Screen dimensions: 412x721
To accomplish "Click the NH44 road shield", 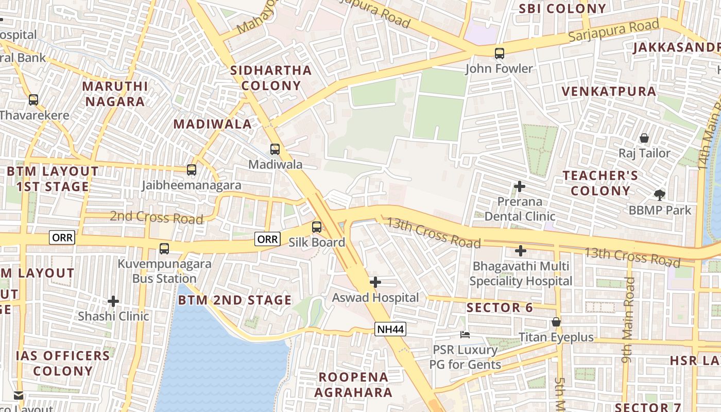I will pyautogui.click(x=390, y=329).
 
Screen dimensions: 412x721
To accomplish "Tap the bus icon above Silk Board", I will pyautogui.click(x=317, y=227).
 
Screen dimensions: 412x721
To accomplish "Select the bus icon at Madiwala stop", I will pyautogui.click(x=275, y=149).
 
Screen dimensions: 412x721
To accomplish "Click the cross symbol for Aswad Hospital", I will pyautogui.click(x=375, y=282).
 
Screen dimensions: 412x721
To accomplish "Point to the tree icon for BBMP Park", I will pyautogui.click(x=659, y=195).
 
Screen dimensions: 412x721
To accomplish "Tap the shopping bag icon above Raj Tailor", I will pyautogui.click(x=644, y=138).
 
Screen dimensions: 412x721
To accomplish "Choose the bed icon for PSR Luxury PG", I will pyautogui.click(x=465, y=335).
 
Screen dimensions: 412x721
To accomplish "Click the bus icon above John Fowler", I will pyautogui.click(x=499, y=53).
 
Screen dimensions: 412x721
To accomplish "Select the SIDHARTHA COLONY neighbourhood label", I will pyautogui.click(x=271, y=78).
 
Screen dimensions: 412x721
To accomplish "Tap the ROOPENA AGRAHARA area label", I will pyautogui.click(x=353, y=385).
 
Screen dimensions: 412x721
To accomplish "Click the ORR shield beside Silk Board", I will pyautogui.click(x=268, y=239).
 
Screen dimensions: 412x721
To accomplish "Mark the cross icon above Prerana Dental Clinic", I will pyautogui.click(x=520, y=186).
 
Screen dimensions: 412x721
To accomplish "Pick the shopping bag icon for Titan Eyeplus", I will pyautogui.click(x=556, y=322).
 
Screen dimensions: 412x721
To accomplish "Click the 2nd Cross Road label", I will pyautogui.click(x=157, y=217).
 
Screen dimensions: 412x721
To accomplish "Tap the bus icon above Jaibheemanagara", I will pyautogui.click(x=192, y=169).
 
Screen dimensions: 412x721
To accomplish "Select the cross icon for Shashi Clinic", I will pyautogui.click(x=113, y=301).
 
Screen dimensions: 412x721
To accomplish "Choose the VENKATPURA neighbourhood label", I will pyautogui.click(x=609, y=92).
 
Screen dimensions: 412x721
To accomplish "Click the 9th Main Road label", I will pyautogui.click(x=629, y=320).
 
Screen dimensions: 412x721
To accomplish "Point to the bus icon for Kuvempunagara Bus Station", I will pyautogui.click(x=164, y=249).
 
